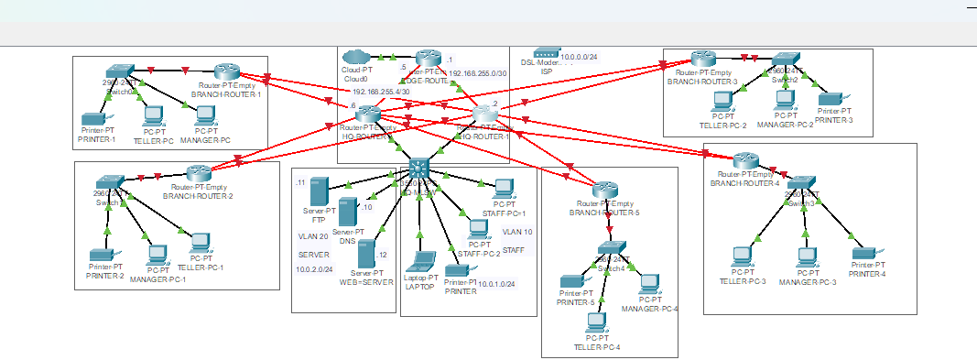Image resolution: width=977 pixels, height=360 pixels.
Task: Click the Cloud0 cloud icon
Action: [354, 57]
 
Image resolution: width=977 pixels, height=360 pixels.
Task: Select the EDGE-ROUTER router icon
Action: [428, 59]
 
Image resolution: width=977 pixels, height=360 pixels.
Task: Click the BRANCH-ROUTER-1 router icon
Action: [226, 71]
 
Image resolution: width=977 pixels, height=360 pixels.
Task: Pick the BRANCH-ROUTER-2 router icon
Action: [199, 173]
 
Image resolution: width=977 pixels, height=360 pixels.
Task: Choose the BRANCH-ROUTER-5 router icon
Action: [602, 190]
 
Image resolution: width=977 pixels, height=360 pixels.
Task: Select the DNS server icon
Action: [347, 212]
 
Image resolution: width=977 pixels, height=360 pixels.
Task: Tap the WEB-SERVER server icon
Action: [367, 254]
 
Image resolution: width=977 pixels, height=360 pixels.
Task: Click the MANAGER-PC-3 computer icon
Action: [807, 258]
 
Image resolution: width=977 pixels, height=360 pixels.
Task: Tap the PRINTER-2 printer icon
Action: [99, 256]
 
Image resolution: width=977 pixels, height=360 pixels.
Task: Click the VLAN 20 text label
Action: [312, 235]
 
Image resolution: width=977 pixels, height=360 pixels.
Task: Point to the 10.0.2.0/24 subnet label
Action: [314, 269]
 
